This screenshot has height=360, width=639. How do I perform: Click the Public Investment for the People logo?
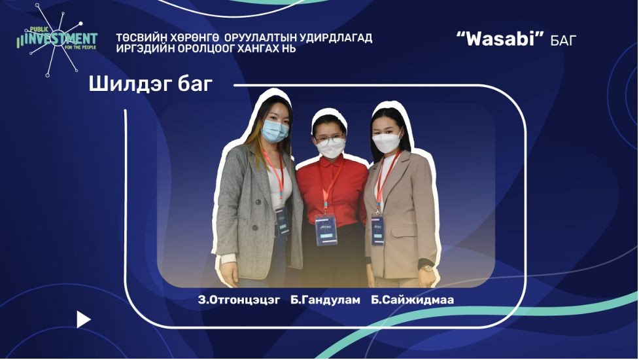[x=56, y=40]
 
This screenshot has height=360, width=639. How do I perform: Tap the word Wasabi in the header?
[x=500, y=39]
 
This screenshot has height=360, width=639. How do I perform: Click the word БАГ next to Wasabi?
[x=564, y=41]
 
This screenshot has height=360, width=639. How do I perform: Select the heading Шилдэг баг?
[x=151, y=85]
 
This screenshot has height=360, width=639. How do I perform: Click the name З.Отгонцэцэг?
[x=239, y=300]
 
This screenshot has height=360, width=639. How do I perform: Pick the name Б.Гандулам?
[x=325, y=300]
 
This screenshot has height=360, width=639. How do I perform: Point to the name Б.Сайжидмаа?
[x=412, y=300]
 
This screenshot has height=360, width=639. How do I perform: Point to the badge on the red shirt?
[x=326, y=230]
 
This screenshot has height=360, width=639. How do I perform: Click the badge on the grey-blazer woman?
[x=282, y=221]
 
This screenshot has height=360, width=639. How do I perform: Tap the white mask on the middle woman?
[x=332, y=149]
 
